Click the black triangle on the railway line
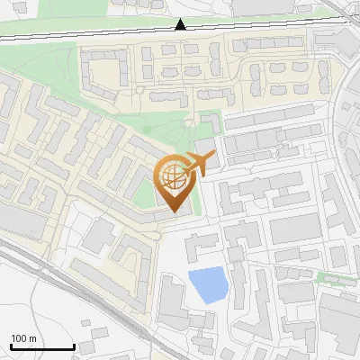click(181, 24)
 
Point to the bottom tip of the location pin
click(173, 212)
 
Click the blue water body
click(207, 285)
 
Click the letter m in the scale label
click(32, 338)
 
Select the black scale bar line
click(41, 346)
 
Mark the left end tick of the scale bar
click(10, 345)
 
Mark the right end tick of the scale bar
click(73, 345)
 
